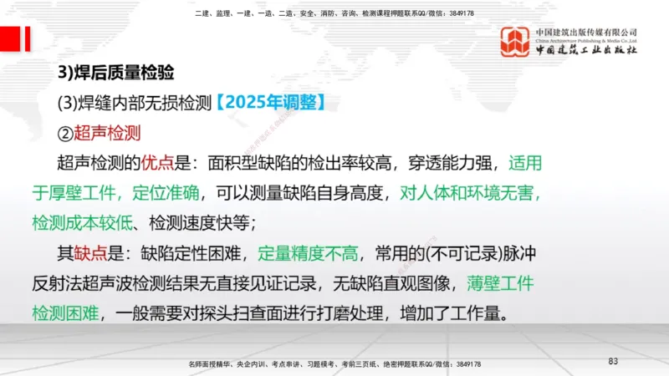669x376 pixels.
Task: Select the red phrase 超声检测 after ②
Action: point(107,132)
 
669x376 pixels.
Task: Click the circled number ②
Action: point(65,132)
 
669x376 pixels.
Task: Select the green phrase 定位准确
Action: point(166,193)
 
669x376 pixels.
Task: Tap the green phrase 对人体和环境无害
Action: point(470,193)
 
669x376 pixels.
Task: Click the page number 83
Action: point(613,361)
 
